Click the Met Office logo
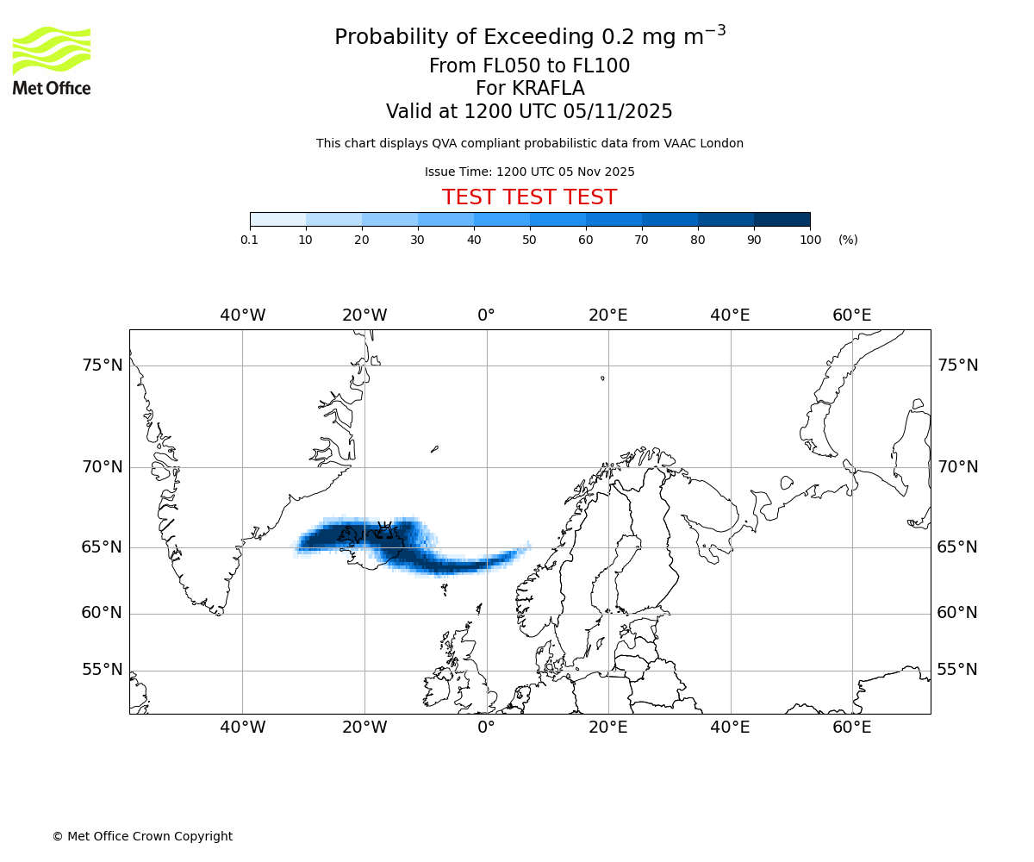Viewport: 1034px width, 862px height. (52, 60)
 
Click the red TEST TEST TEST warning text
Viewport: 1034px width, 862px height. (529, 197)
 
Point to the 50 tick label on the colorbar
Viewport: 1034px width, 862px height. (530, 240)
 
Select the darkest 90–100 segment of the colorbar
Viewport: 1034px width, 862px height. (782, 219)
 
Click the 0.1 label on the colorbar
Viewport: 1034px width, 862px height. (250, 240)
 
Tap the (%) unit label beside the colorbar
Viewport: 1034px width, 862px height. (848, 240)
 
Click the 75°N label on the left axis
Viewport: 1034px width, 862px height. (103, 365)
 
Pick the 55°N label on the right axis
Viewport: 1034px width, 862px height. (957, 670)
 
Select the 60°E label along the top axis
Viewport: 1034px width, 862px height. (851, 315)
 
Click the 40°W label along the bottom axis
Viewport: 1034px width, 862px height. (242, 728)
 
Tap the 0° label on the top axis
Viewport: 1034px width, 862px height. (486, 315)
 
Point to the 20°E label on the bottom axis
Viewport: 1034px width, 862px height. (608, 728)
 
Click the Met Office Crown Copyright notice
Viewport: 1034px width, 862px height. (142, 836)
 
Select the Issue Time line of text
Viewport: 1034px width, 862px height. (529, 172)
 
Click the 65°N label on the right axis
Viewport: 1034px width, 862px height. (957, 547)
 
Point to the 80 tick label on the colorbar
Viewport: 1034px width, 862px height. (698, 240)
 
